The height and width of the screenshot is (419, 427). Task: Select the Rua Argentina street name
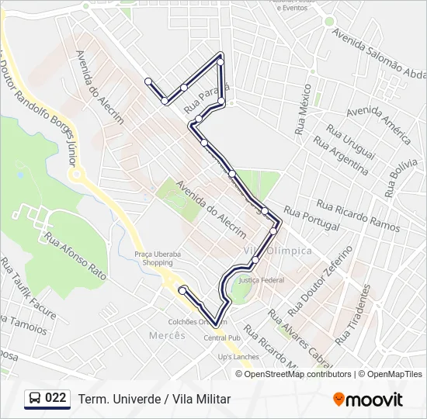tap(340, 155)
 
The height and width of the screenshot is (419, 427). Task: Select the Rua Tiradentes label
tap(354, 314)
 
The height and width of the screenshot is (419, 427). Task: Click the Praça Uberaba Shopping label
tap(153, 258)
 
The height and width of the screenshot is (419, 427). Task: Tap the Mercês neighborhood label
tap(167, 335)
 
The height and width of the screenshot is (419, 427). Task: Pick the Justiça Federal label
tap(262, 279)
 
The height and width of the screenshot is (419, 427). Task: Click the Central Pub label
tap(220, 338)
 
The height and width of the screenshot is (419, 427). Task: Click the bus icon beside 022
tap(34, 399)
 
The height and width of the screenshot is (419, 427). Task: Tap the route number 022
tap(56, 398)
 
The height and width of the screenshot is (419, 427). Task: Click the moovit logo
tap(368, 400)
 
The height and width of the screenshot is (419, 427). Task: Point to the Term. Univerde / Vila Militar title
tap(154, 399)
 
